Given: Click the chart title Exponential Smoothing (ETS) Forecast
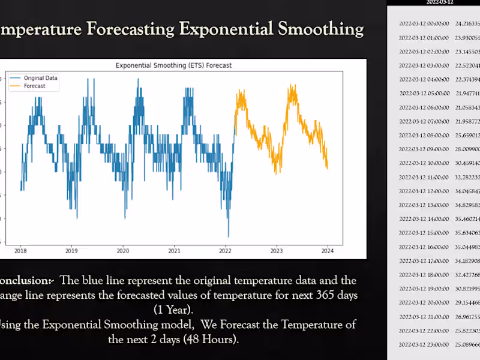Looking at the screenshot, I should pyautogui.click(x=173, y=65).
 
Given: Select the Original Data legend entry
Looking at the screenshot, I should pyautogui.click(x=40, y=78).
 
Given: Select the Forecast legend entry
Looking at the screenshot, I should pyautogui.click(x=34, y=86).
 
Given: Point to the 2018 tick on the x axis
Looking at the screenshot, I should pyautogui.click(x=20, y=250).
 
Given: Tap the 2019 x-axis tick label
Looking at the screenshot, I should pyautogui.click(x=71, y=250).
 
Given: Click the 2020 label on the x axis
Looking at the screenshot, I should pyautogui.click(x=123, y=250).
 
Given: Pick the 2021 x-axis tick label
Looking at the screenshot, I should pyautogui.click(x=174, y=250).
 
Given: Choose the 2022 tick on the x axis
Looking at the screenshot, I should pyautogui.click(x=226, y=250).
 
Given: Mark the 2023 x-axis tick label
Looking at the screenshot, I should pyautogui.click(x=277, y=250).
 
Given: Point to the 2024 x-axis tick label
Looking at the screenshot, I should pyautogui.click(x=328, y=250).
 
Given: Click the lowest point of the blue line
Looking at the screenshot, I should pyautogui.click(x=228, y=236).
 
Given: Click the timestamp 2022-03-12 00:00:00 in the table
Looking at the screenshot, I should pyautogui.click(x=424, y=23).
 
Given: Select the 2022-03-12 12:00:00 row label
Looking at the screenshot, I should pyautogui.click(x=424, y=191).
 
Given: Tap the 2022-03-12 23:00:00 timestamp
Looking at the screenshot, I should pyautogui.click(x=424, y=345).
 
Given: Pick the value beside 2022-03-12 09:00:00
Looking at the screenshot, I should pyautogui.click(x=468, y=149).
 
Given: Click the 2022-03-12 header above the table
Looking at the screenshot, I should pyautogui.click(x=440, y=2).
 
